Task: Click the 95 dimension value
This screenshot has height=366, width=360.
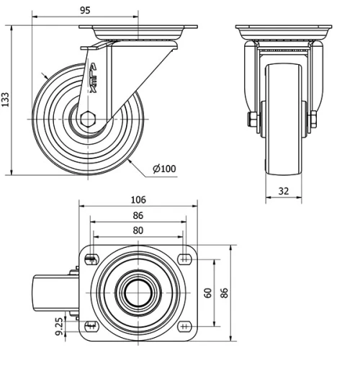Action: tap(84, 10)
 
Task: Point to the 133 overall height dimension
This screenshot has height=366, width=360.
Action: tap(6, 99)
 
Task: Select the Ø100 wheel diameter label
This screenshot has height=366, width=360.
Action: tap(164, 169)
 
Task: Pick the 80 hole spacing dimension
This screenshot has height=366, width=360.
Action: tap(138, 231)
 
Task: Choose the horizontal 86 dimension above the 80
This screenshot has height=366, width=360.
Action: tap(138, 215)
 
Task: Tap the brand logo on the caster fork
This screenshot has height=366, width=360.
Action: tap(94, 79)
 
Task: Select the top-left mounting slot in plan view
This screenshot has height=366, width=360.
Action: tap(91, 259)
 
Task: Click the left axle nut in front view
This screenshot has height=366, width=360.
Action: tap(253, 120)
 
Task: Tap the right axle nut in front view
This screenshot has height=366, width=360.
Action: tap(315, 120)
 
